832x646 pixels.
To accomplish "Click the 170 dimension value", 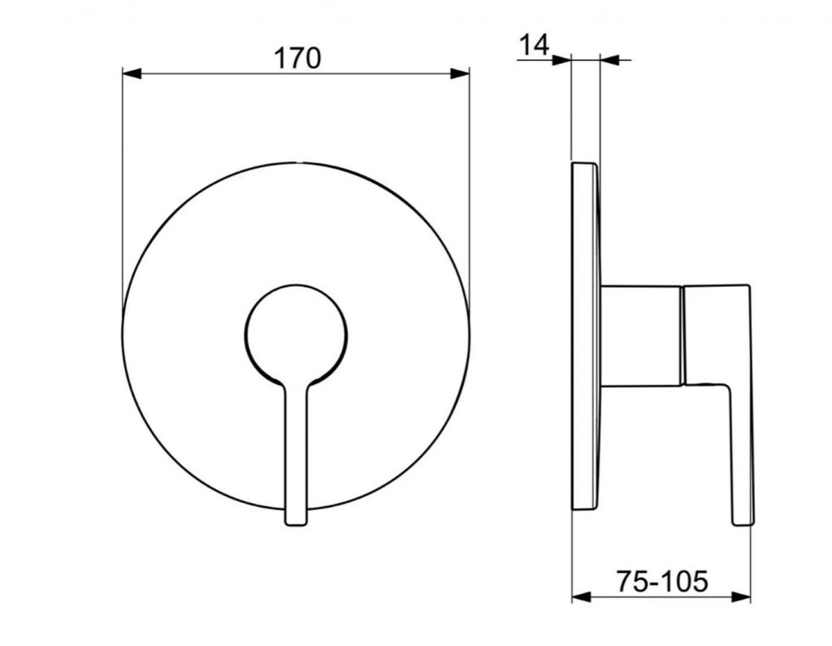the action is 297,58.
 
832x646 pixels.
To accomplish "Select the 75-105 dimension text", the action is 662,581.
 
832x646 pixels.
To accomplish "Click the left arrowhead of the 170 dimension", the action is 132,73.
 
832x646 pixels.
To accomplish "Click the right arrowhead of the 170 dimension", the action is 460,73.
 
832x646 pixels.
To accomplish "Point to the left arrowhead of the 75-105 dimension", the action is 581,597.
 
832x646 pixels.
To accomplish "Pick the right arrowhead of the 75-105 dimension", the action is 741,597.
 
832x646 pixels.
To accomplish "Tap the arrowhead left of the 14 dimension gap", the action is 561,60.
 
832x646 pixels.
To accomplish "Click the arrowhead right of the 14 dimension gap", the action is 609,60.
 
